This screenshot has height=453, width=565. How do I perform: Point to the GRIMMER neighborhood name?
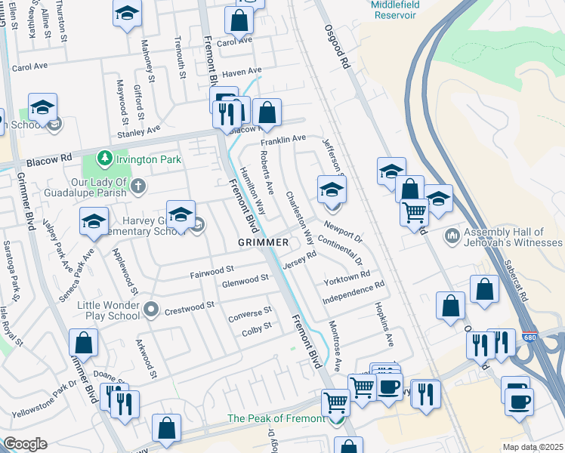[263, 242]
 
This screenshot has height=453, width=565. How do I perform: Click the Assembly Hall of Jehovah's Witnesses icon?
[452, 236]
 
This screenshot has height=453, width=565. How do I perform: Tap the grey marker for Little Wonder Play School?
[152, 309]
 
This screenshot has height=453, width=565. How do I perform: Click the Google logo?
[25, 444]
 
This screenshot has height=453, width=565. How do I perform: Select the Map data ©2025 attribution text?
[533, 447]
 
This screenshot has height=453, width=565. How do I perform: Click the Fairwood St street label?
[212, 269]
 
